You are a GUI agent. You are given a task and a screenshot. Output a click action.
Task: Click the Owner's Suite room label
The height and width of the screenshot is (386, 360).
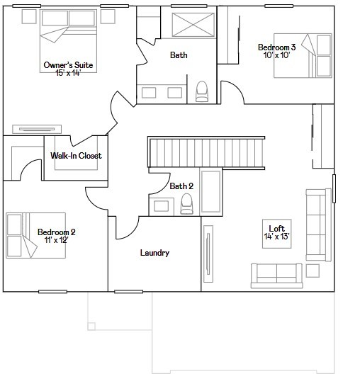[68, 65]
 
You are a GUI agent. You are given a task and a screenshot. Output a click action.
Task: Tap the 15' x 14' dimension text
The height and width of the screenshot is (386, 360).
[68, 73]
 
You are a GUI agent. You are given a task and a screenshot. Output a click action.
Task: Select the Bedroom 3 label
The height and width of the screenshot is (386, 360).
[277, 47]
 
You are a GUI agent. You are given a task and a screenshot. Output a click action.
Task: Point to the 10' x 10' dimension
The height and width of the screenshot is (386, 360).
[276, 55]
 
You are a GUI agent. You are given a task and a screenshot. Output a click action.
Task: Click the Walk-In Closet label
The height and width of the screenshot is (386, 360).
[76, 156]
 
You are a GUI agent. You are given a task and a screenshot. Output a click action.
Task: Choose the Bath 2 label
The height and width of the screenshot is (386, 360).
[181, 186]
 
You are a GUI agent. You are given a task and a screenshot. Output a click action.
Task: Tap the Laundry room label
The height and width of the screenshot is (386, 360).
[154, 253]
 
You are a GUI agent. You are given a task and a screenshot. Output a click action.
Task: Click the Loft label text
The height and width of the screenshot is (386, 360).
[277, 229]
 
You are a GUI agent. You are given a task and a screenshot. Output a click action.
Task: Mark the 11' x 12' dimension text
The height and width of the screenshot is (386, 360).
[57, 240]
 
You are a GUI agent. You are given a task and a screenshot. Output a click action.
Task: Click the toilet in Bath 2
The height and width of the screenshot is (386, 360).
[187, 204]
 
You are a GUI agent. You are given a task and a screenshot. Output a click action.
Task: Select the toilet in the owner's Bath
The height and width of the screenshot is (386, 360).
[202, 91]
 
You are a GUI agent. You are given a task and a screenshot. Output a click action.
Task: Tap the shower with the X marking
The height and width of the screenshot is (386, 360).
[193, 25]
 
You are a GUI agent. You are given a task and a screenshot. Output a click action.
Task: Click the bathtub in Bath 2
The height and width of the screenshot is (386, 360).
[210, 191]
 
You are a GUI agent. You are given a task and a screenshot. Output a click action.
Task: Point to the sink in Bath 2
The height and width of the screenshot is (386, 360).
[162, 206]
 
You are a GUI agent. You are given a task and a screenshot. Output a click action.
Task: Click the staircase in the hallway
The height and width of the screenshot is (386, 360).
[206, 152]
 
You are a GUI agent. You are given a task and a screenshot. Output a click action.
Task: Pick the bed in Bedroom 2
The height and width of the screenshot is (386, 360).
[35, 235]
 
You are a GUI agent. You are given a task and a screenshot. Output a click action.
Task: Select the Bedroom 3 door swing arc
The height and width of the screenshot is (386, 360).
[235, 88]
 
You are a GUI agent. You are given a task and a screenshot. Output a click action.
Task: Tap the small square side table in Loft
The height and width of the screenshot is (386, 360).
[313, 271]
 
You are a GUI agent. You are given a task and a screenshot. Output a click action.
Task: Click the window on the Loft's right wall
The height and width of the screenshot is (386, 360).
[334, 188]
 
